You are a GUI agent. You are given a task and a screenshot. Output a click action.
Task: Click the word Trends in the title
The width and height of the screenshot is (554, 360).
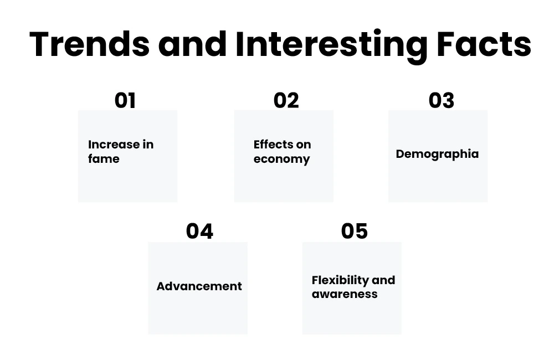(x=90, y=44)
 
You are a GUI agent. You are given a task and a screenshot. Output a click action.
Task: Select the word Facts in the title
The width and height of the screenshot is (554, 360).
(x=484, y=44)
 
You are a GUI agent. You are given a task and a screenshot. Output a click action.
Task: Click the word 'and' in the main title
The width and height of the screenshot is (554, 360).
(x=192, y=44)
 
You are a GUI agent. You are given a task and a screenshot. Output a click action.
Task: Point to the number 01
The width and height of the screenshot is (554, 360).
(x=125, y=100)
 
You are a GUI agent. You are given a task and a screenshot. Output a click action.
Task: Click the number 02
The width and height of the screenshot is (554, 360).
(x=286, y=100)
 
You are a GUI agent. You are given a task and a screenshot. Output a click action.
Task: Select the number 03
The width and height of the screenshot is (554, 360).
(x=442, y=100)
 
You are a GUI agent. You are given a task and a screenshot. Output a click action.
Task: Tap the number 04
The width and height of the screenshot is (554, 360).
(x=199, y=232)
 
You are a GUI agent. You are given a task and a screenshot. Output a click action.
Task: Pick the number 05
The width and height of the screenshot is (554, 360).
(x=355, y=232)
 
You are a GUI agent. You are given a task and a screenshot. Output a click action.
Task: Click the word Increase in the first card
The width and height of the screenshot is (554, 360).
(x=114, y=145)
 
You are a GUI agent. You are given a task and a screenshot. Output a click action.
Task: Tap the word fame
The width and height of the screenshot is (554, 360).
(x=104, y=158)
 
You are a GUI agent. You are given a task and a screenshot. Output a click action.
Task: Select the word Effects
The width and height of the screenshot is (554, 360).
(x=273, y=144)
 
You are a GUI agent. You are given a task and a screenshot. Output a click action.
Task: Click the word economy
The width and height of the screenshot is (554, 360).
(x=281, y=160)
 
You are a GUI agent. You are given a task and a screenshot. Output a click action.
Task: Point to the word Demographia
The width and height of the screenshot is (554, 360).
(x=438, y=155)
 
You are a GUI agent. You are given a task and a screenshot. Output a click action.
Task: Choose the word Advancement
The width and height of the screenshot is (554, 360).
(x=199, y=286)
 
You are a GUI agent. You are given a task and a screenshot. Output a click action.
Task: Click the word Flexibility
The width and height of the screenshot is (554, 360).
(x=340, y=280)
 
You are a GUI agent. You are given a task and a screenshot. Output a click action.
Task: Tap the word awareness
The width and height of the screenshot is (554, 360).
(x=345, y=294)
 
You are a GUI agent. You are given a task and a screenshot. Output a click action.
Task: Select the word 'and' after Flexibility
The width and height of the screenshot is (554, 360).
(x=383, y=280)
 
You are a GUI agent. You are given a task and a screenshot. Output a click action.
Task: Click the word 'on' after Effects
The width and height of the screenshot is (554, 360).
(x=304, y=145)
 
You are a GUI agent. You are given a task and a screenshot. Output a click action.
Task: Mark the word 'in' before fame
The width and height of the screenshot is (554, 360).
(x=148, y=144)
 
